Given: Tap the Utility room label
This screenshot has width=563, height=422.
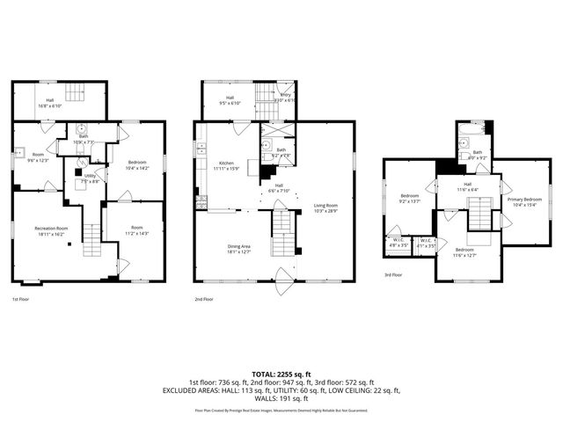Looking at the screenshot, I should tap(90, 178).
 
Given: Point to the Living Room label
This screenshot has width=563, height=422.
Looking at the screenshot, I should tap(326, 207).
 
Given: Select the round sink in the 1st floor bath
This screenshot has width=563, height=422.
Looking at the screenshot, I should tap(80, 128).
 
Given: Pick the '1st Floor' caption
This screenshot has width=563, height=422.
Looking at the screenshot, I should tap(21, 300).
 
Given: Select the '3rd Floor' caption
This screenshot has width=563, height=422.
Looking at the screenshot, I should tap(394, 274).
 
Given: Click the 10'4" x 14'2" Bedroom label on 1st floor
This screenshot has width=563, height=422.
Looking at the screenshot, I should tap(137, 165).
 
